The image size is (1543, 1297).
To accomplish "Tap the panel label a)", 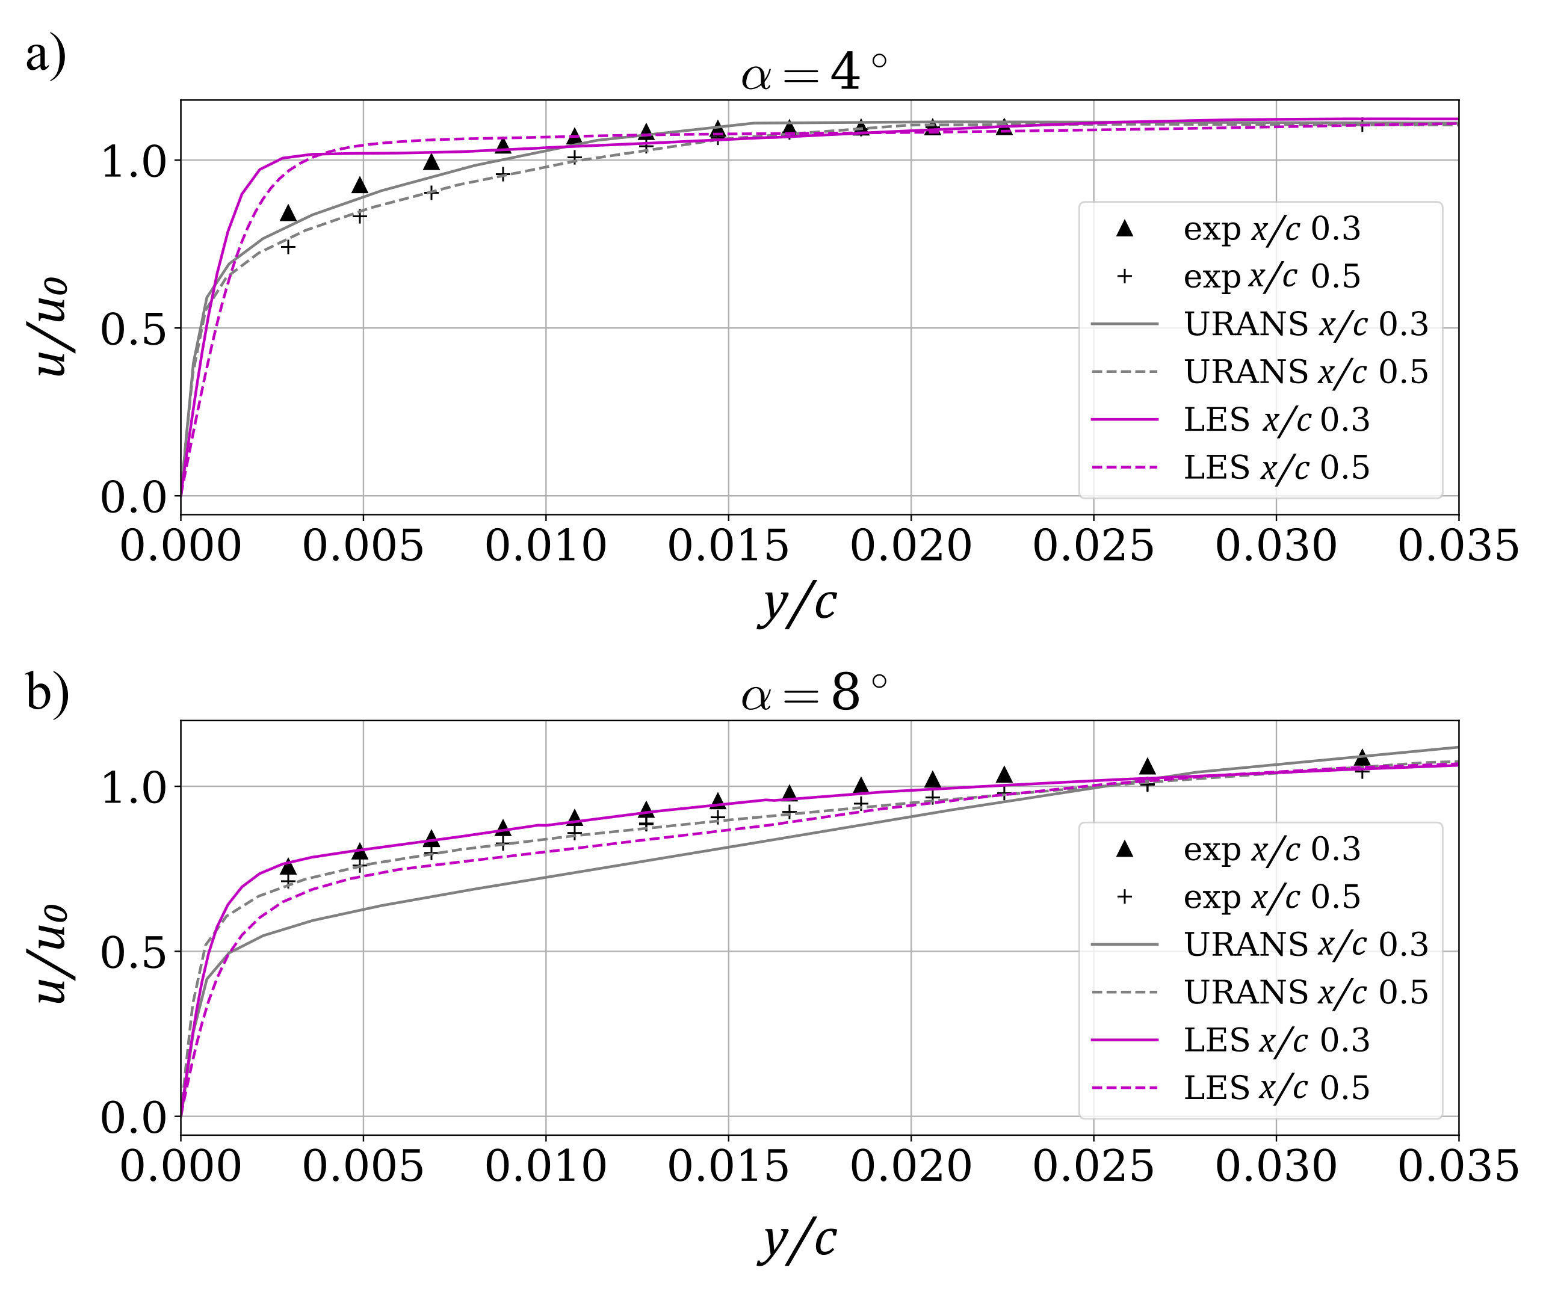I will click(46, 55).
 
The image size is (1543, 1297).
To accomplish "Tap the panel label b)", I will click(47, 692).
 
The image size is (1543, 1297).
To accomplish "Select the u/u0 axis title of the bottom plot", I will click(52, 953).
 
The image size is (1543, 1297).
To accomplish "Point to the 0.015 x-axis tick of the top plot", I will click(728, 546).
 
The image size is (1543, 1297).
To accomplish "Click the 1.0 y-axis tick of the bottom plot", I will click(133, 787).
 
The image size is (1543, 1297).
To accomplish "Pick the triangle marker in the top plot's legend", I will click(1124, 229).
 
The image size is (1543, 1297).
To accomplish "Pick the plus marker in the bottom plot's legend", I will click(1124, 896).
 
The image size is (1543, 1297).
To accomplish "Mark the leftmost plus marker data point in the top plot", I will click(288, 248).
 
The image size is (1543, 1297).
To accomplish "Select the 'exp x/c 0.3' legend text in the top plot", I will click(1271, 229).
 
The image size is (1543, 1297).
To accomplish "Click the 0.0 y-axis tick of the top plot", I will click(133, 497).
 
